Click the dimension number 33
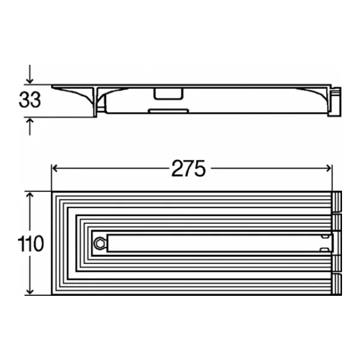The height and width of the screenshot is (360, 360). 30,100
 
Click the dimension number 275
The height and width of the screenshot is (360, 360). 188,169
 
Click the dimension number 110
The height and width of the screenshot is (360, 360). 31,244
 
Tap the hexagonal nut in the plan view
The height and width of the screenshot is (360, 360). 100,244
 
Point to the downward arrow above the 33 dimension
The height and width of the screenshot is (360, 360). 29,74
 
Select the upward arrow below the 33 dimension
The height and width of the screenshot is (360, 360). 29,127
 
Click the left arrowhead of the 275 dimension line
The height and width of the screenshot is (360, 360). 55,168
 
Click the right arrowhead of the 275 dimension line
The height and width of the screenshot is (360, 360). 329,168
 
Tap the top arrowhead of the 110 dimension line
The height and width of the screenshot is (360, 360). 30,196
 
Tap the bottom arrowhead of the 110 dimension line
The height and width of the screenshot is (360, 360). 30,291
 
